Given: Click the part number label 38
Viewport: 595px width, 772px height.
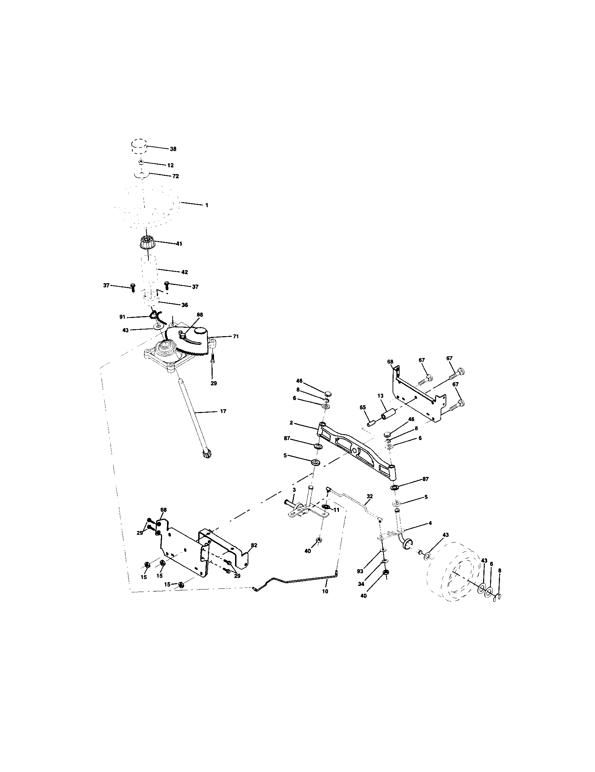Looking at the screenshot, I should [173, 149].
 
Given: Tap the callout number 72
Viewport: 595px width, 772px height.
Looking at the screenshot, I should [175, 176].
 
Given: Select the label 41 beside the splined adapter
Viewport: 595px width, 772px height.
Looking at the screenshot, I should [180, 244].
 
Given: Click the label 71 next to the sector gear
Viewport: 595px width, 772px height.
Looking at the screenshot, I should [236, 337].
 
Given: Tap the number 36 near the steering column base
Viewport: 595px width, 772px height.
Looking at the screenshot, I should [185, 305].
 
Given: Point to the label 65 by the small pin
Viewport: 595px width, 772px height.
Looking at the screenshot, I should [363, 407].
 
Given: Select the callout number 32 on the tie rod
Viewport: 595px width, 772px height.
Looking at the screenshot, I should [369, 496].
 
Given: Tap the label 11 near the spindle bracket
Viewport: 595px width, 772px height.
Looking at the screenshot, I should [336, 510].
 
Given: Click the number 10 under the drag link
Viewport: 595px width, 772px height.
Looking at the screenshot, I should [325, 591].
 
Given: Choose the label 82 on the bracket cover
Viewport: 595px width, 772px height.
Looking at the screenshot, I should [254, 545].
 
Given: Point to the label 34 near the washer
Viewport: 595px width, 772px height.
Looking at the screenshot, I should [361, 584].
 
